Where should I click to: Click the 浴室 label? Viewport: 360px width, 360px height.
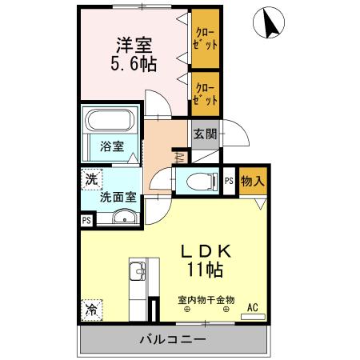(112, 147)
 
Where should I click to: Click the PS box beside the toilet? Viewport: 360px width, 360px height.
(229, 182)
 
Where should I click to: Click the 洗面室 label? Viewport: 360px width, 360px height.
(116, 196)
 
